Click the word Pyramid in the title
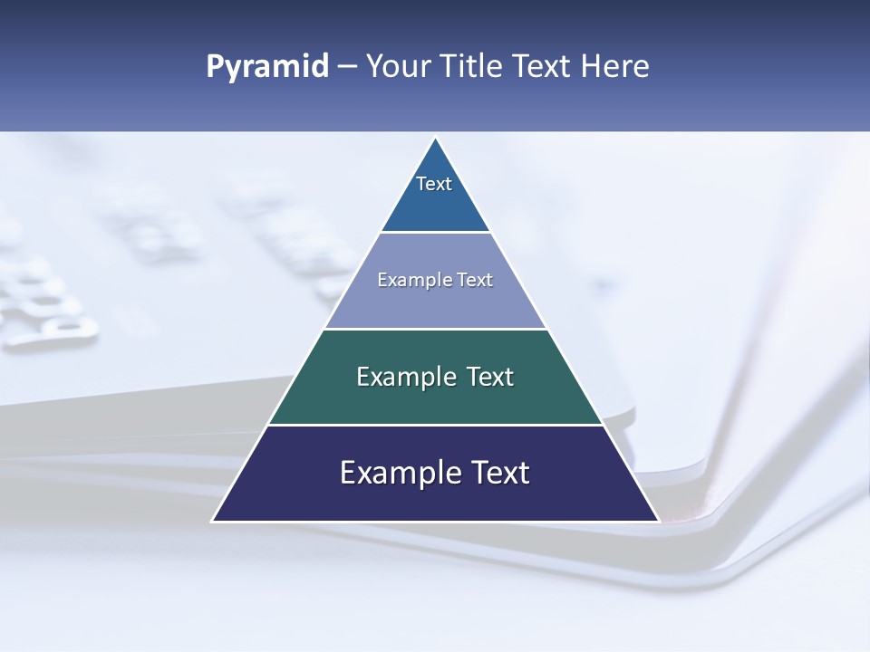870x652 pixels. click(x=267, y=67)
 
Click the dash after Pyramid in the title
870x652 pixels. click(x=347, y=67)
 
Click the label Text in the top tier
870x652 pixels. click(x=434, y=184)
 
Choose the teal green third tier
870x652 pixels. click(x=435, y=404)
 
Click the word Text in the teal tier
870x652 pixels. click(x=490, y=377)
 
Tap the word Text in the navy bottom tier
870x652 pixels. click(x=499, y=473)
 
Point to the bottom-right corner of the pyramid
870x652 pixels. click(x=658, y=521)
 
